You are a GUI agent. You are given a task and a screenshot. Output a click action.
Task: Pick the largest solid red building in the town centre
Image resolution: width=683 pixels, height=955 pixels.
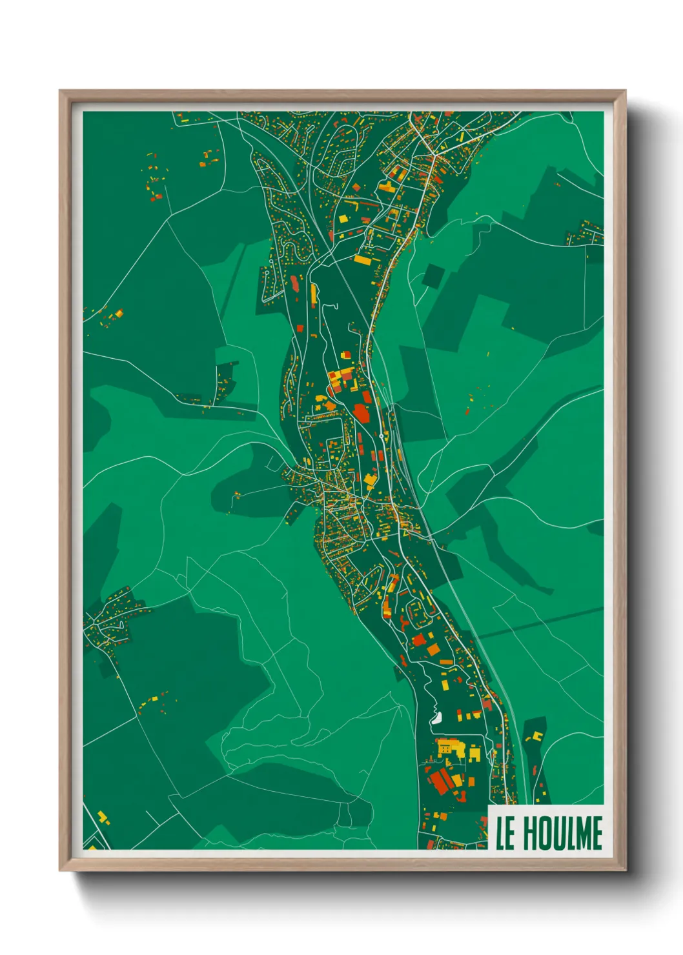(x=361, y=412)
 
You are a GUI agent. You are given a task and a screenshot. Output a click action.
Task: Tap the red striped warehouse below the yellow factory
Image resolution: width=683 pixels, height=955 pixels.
(x=442, y=781)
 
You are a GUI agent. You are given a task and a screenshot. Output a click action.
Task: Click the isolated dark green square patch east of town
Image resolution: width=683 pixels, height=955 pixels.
(x=433, y=276)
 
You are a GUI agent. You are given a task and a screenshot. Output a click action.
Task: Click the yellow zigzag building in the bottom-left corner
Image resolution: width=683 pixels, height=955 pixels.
(x=103, y=818)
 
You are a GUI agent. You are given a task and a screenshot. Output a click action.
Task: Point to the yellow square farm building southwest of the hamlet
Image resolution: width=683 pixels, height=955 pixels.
(x=154, y=699)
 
